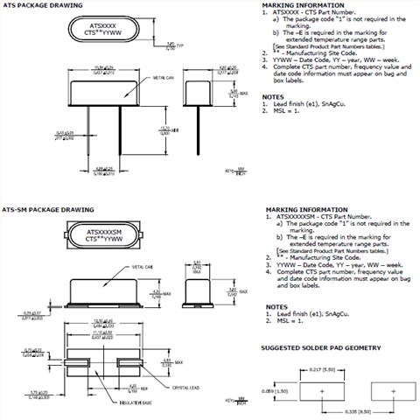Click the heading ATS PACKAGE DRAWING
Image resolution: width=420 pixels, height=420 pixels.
[33, 4]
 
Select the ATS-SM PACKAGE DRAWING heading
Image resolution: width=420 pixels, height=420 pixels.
[39, 210]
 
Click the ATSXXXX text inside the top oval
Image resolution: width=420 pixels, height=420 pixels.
[101, 27]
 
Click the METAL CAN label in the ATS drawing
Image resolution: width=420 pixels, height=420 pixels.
[154, 78]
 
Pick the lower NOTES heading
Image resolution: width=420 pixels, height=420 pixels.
[276, 307]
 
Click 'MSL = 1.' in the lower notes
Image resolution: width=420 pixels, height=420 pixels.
[287, 324]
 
